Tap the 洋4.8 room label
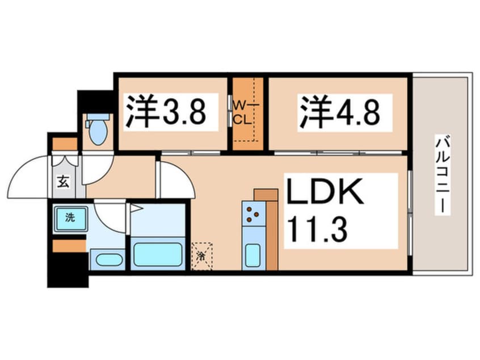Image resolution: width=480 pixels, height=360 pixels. click(339, 112)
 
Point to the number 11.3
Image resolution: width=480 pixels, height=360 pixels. click(318, 229)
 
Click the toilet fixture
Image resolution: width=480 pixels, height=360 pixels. click(99, 129)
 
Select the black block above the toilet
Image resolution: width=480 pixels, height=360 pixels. click(96, 101)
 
